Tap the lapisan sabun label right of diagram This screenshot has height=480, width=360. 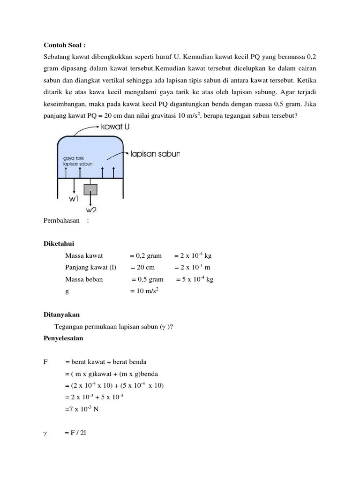coord(155,153)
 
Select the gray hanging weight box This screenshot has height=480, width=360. coord(90,189)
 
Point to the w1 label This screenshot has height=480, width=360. coord(74,199)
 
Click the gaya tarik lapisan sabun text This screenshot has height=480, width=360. coord(77,162)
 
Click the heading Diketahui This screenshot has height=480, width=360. coord(59,244)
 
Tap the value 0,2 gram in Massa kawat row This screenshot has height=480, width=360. coord(146,256)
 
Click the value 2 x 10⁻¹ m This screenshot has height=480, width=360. coord(192,268)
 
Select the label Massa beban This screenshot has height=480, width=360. coord(84,279)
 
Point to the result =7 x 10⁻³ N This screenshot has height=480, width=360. coord(82,409)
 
